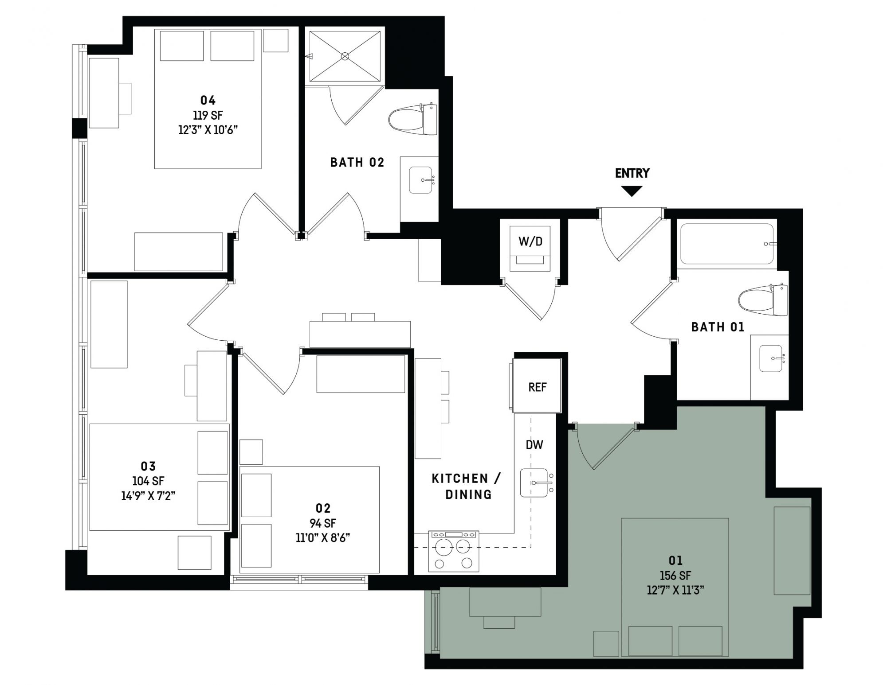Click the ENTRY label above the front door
pyautogui.click(x=632, y=173)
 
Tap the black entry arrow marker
pyautogui.click(x=632, y=191)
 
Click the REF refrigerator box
pyautogui.click(x=537, y=386)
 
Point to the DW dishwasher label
pyautogui.click(x=534, y=445)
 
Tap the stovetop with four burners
pyautogui.click(x=454, y=551)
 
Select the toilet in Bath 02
pyautogui.click(x=413, y=119)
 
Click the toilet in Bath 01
pyautogui.click(x=763, y=300)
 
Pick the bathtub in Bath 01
pyautogui.click(x=727, y=244)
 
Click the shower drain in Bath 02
pyautogui.click(x=345, y=56)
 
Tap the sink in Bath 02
pyautogui.click(x=420, y=180)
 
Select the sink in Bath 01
pyautogui.click(x=771, y=358)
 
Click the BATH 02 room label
pyautogui.click(x=357, y=162)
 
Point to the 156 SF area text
pyautogui.click(x=675, y=576)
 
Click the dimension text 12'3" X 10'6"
pyautogui.click(x=208, y=130)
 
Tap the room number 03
pyautogui.click(x=148, y=466)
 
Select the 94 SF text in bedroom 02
pyautogui.click(x=323, y=523)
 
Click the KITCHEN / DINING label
pyautogui.click(x=467, y=486)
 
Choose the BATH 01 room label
pyautogui.click(x=718, y=327)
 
